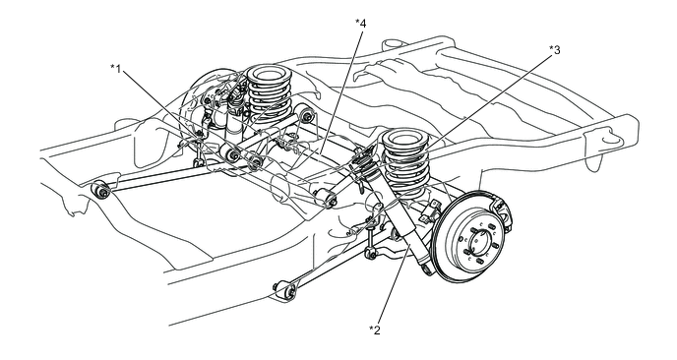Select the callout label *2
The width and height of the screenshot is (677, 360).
click(375, 329)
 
